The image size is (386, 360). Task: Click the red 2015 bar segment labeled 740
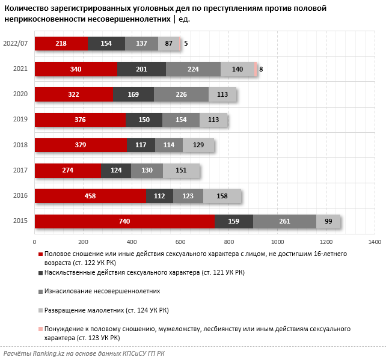point(124,222)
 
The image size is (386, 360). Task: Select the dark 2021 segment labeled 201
point(142,69)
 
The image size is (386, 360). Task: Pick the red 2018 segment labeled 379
point(81,145)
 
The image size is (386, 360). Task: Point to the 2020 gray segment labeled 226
point(181,94)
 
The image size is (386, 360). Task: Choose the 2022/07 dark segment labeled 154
point(106,43)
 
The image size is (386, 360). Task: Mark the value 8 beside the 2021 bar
point(261,69)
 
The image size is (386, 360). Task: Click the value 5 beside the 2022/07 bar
point(186,43)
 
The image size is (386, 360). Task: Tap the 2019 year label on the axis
point(20,120)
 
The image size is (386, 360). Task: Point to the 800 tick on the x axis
point(229,242)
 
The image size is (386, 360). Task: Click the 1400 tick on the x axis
point(375,242)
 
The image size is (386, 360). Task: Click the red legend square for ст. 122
point(40,255)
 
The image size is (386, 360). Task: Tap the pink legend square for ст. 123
point(40,329)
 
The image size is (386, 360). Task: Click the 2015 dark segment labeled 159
point(234,222)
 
